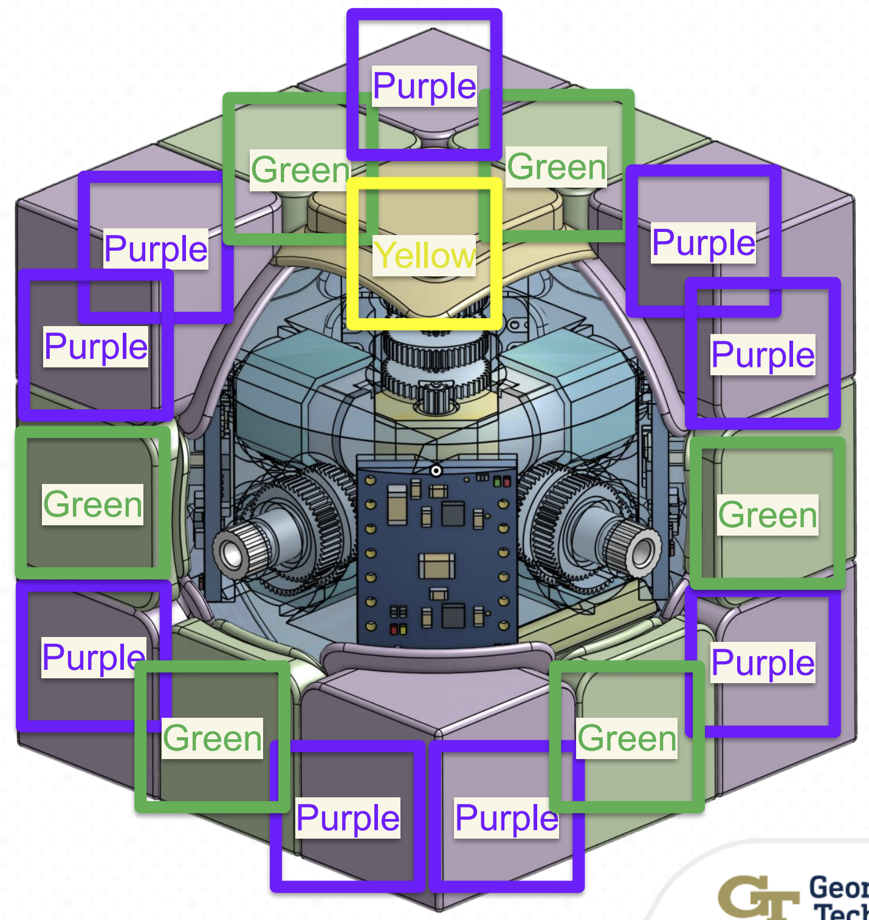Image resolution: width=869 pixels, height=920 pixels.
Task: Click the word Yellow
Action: point(424,255)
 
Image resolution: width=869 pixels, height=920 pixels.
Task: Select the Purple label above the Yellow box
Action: point(424,86)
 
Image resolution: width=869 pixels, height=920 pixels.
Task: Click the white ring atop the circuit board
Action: point(436,471)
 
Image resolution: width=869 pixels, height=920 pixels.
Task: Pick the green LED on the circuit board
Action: point(497,482)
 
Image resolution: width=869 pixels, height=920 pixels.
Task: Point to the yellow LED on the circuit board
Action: point(402,629)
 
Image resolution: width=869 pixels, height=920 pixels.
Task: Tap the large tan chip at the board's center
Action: point(436,566)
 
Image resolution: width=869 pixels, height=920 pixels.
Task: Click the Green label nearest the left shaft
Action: point(93,504)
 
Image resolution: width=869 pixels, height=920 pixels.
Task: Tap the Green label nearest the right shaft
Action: point(768,515)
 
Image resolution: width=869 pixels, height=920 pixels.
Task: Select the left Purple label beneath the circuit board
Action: point(348,817)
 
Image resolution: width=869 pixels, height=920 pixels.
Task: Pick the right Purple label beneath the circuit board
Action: point(506,817)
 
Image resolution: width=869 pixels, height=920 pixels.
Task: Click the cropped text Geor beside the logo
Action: point(839,888)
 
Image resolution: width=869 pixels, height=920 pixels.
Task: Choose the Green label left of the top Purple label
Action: point(301,169)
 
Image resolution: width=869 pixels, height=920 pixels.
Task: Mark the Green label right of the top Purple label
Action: point(557,166)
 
